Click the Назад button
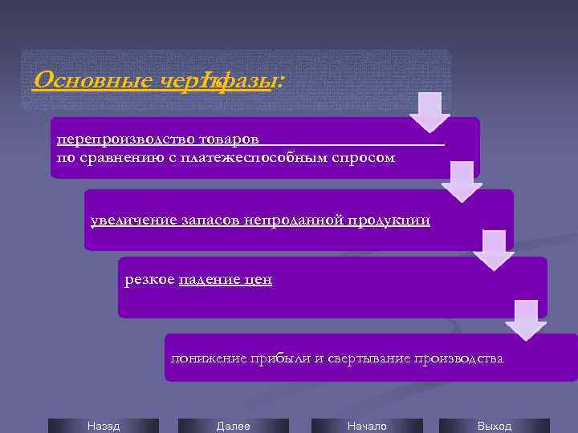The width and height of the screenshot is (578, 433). point(103,426)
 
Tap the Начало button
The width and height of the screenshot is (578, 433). point(367,426)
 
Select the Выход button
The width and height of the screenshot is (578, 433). point(494,426)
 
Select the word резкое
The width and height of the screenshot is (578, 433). point(149,279)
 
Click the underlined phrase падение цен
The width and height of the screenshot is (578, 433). point(226,279)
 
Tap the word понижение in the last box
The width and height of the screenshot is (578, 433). point(205,358)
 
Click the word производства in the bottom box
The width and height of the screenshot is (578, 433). point(458,358)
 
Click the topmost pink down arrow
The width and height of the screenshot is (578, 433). point(429,112)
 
